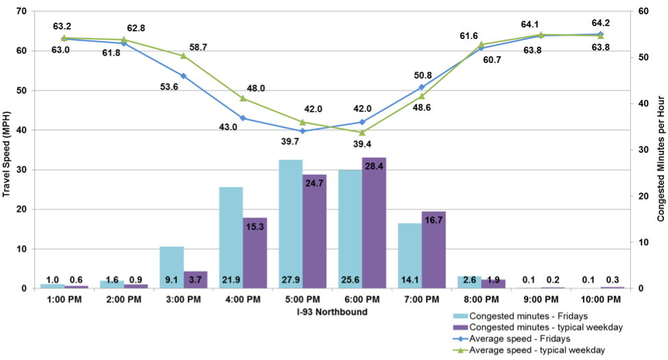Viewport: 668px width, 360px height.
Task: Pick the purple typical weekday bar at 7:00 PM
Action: click(433, 250)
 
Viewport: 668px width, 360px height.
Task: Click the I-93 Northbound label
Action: click(332, 312)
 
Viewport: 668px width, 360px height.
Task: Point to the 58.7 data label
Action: click(198, 47)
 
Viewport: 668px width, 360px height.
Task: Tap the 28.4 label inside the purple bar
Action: click(374, 167)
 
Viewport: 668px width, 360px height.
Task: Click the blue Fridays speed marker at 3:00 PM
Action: click(183, 76)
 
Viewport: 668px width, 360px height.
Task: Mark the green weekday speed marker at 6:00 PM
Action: click(362, 132)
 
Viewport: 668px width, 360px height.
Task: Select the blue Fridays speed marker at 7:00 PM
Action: click(421, 87)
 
